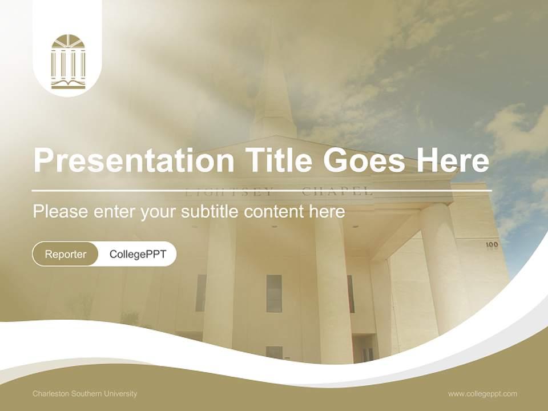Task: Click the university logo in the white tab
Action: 67,62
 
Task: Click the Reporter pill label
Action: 66,254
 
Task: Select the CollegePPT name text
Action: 138,254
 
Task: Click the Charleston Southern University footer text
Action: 84,394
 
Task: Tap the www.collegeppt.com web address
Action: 482,394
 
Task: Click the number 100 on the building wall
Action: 492,245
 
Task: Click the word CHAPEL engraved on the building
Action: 337,192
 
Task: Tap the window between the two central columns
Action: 274,293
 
